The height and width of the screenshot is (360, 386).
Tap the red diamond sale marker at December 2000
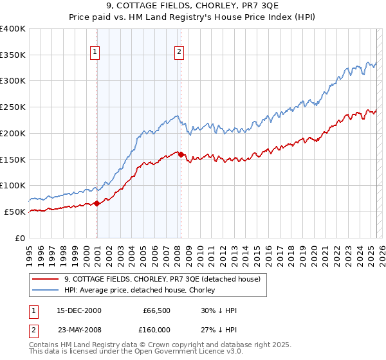(x=96, y=203)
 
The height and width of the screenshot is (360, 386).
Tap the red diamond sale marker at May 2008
(x=181, y=154)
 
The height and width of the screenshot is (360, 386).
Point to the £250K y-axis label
(x=13, y=107)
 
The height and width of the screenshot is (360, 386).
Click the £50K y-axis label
(x=15, y=212)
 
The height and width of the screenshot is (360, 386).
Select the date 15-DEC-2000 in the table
(x=78, y=310)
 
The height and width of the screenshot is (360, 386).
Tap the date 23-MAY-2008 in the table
(x=78, y=330)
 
